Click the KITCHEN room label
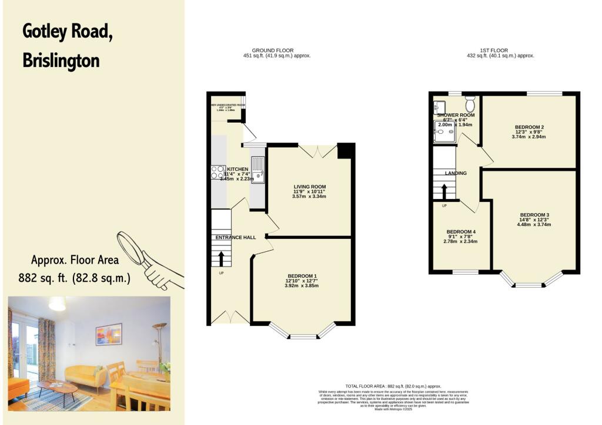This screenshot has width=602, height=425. click(x=238, y=169)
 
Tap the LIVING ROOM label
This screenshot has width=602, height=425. click(x=309, y=187)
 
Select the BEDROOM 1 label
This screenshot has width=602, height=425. click(x=302, y=276)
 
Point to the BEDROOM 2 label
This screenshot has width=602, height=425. click(x=529, y=127)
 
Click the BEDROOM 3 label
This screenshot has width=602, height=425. click(x=534, y=214)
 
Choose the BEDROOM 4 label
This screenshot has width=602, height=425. click(x=460, y=232)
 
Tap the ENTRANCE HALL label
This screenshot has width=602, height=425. click(x=236, y=237)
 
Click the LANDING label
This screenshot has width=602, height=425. click(x=456, y=174)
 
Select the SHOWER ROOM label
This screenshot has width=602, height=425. click(x=456, y=115)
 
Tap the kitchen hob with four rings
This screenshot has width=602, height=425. click(x=218, y=172)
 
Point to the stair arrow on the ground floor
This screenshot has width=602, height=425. click(x=221, y=259)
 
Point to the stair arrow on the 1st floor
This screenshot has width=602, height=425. click(x=444, y=191)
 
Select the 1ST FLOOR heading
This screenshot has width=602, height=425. click(x=494, y=51)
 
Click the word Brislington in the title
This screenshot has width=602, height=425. click(x=61, y=60)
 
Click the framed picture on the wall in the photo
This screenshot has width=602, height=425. click(x=109, y=333)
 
